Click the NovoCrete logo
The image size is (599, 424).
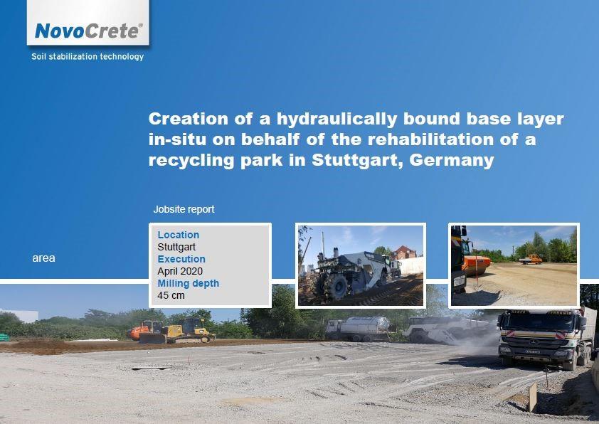coord(89,31)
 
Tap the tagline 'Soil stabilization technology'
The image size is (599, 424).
coord(88,56)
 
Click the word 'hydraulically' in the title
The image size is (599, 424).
coord(336,119)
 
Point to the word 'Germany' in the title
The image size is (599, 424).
coord(452,159)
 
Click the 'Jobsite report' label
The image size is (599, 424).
coord(184,209)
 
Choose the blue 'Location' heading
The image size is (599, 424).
coord(179,235)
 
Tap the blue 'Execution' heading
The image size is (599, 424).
coord(181,259)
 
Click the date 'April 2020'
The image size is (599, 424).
coord(180,271)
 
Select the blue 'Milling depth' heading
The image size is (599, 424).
coord(189,283)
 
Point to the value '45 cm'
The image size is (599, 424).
coord(171,295)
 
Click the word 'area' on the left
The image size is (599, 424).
coord(43,258)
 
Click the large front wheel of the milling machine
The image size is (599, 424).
coord(335,287)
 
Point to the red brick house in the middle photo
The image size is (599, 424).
coord(404,253)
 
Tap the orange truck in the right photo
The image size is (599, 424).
coord(531,260)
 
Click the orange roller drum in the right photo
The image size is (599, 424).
coord(477,265)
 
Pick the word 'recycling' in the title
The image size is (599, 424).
coord(191,159)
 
